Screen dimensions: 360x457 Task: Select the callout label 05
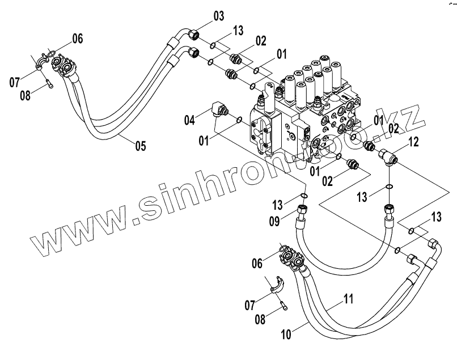tap(141, 146)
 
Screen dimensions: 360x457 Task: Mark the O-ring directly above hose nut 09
tap(304, 197)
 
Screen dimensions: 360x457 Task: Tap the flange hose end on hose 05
tap(62, 67)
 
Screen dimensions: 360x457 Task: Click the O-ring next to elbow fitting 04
tap(239, 120)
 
